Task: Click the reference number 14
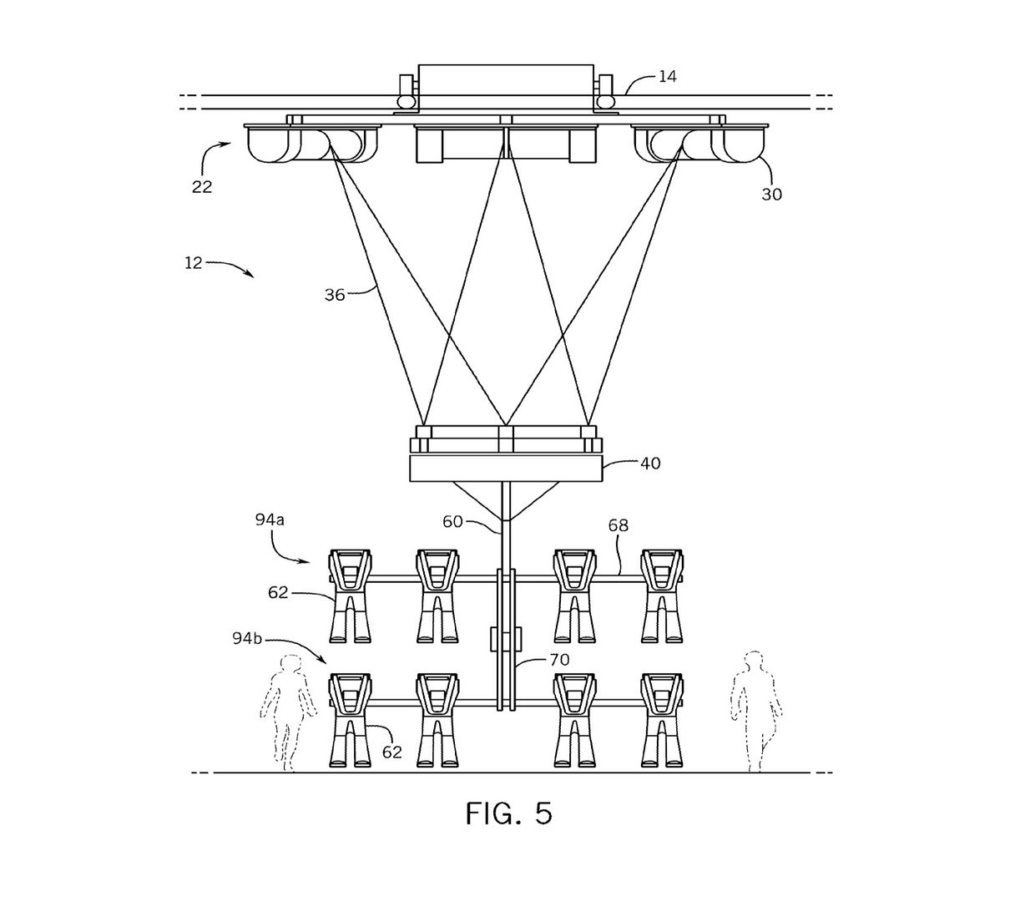coord(667,77)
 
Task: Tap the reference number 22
coord(202,187)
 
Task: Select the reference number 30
coord(772,195)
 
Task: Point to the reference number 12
coord(194,262)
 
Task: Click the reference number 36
coord(335,295)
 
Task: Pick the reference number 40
coord(650,463)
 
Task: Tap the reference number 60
coord(452,522)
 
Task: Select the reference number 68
coord(619,525)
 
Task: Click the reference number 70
coord(559,660)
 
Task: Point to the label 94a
coord(270,519)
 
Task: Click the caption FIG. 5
coord(508,813)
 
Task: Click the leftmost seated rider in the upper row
coord(351,595)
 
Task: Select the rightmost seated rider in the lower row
coord(662,720)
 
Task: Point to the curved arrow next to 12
coord(233,267)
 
